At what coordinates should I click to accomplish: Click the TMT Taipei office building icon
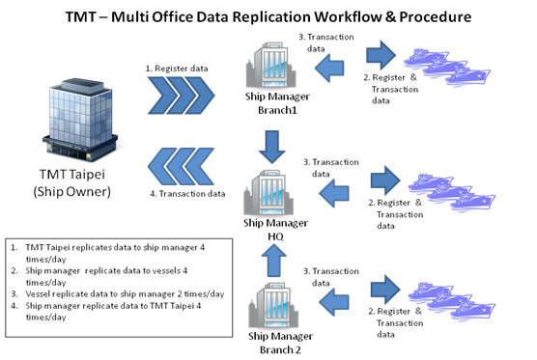tap(80, 120)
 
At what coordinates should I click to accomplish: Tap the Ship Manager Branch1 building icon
tap(270, 65)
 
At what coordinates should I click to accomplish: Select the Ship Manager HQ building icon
tap(268, 192)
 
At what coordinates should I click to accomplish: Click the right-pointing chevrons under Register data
tap(182, 96)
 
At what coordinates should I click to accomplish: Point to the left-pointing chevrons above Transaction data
tap(182, 167)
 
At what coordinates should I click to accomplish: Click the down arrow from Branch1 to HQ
tap(272, 147)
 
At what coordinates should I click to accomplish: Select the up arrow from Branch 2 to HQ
tap(274, 261)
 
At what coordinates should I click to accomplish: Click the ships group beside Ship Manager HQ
tap(451, 192)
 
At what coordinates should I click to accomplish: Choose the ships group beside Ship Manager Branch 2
tap(451, 301)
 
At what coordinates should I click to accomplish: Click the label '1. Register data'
tap(177, 69)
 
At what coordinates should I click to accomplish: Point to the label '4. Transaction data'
tap(187, 194)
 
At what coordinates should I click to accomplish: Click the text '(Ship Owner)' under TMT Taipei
tap(71, 192)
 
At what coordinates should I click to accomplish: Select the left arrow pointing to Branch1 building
tap(329, 68)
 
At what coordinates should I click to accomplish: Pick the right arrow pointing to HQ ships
tap(385, 180)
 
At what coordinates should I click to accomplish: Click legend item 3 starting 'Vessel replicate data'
tap(118, 294)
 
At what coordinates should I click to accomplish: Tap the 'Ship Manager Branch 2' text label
tap(280, 343)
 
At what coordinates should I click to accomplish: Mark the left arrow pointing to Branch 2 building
tap(333, 302)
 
